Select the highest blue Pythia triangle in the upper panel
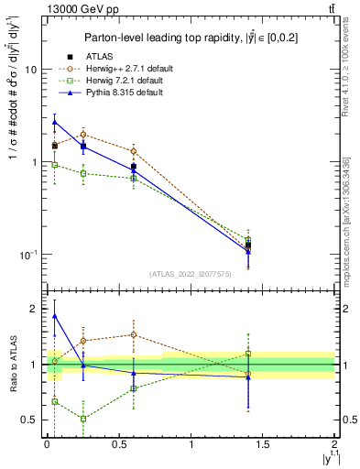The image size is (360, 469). [54, 121]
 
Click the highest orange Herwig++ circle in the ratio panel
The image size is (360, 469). [134, 334]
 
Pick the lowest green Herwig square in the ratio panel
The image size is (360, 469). [83, 419]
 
